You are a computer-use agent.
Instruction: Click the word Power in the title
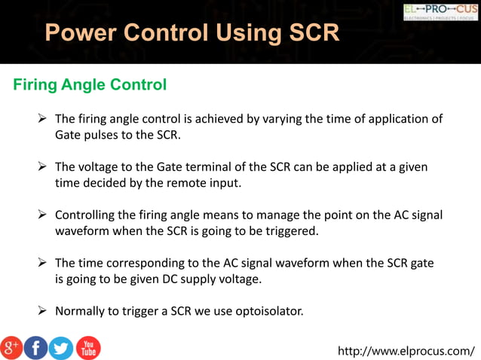(x=79, y=33)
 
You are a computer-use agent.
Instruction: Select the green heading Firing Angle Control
(x=90, y=84)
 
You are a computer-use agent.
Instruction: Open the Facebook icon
(x=35, y=347)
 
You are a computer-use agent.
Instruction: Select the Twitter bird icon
(x=61, y=347)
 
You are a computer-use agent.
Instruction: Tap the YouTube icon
(x=87, y=347)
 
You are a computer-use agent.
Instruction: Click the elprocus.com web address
(x=406, y=351)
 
